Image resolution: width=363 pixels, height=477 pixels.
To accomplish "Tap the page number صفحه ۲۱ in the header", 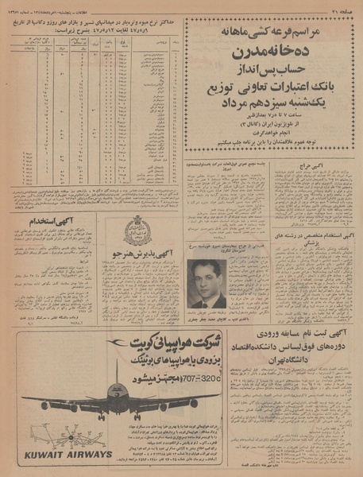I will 341,7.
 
